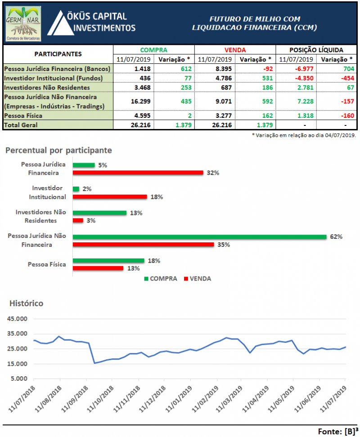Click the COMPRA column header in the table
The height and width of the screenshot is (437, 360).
pos(153,50)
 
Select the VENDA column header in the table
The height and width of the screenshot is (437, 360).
pos(235,50)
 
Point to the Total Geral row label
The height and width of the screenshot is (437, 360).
pos(22,125)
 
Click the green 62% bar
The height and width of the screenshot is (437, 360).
pos(199,237)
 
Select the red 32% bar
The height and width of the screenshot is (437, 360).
pos(138,173)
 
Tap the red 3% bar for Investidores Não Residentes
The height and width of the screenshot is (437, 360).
pos(78,220)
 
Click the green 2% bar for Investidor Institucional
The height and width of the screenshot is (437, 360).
pos(76,189)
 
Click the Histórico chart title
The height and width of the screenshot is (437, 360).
pos(27,303)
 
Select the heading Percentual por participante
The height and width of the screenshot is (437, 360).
pos(58,150)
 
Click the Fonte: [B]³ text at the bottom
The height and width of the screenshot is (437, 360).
pos(336,431)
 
